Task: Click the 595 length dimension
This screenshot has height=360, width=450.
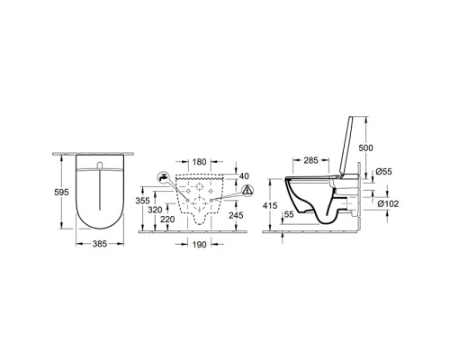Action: tap(61, 192)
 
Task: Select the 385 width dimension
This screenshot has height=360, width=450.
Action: tap(100, 244)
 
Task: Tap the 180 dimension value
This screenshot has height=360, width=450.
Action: tap(200, 162)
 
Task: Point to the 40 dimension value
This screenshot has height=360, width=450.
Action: tap(245, 175)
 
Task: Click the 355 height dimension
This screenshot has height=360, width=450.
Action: tap(142, 201)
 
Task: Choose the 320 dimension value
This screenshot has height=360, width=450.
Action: tap(155, 210)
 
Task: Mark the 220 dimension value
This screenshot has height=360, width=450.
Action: tap(167, 220)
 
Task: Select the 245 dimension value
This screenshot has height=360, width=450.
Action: tap(236, 215)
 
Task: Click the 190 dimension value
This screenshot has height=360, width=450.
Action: tap(200, 245)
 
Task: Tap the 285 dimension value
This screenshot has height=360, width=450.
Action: tap(310, 160)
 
